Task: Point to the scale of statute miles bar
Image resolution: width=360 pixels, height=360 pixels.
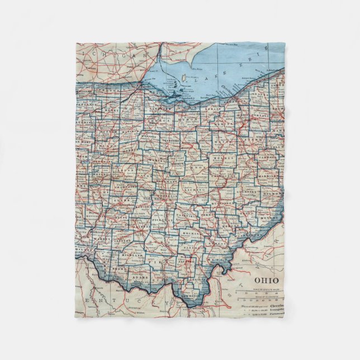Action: [x=267, y=293]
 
